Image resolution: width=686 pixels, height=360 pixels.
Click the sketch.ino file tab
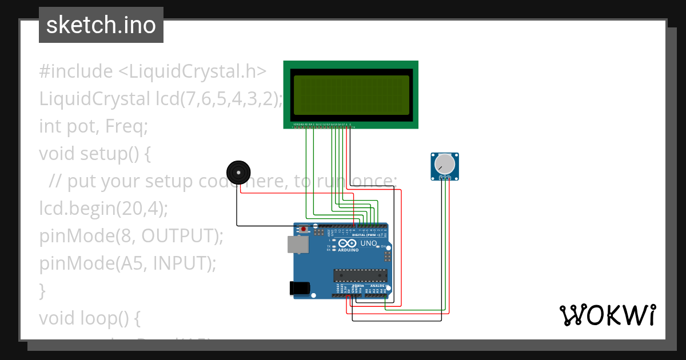coord(101,25)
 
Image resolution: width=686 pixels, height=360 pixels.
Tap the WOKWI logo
coord(607,315)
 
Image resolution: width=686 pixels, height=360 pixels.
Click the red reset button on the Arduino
coord(304,229)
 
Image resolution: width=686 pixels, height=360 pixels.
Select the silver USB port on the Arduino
coord(297,245)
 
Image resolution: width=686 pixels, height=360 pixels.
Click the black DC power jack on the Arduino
coord(301,289)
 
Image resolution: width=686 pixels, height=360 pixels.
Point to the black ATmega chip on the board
coord(360,275)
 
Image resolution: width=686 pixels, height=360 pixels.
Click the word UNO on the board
coord(369,243)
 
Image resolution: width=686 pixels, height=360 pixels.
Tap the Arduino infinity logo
coord(348,243)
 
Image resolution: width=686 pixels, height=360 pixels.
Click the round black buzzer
coord(238,172)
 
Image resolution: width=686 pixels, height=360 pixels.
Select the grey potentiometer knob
coord(445,165)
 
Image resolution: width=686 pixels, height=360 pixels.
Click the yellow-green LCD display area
coord(352,95)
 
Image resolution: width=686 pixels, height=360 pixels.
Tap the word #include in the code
coord(76,71)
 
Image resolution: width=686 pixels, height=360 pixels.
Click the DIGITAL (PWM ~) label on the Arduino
coord(366,235)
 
